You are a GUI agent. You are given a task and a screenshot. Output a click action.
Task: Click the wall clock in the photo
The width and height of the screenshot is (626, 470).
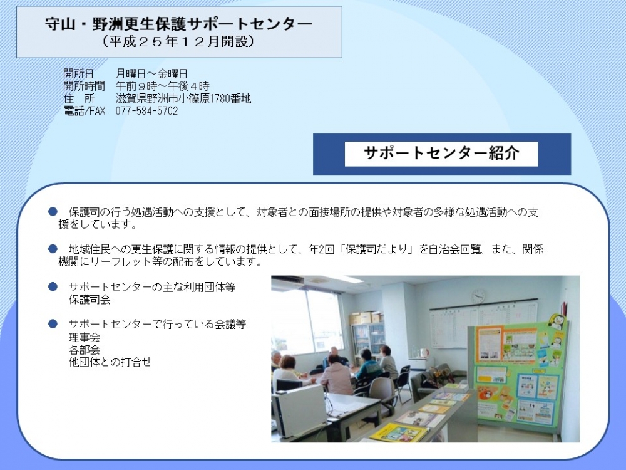[x=478, y=296]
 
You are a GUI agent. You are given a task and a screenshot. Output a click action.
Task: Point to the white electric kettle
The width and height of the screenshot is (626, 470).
[x=424, y=352]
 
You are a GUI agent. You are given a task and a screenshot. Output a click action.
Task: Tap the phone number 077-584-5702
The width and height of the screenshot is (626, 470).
[x=146, y=111]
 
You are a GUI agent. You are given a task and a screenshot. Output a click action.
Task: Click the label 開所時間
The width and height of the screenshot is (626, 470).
[x=84, y=86]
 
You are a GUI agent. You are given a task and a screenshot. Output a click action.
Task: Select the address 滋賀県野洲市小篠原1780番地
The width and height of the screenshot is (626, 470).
[x=183, y=98]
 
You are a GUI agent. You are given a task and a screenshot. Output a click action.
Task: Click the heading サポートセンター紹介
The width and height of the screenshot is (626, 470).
[x=441, y=153]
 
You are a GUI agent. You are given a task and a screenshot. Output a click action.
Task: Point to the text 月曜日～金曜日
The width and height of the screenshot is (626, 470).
[x=151, y=73]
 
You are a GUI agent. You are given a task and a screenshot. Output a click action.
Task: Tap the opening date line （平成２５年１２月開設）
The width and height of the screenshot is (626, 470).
[x=178, y=41]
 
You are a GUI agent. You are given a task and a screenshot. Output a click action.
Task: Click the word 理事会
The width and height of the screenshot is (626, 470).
[x=85, y=337]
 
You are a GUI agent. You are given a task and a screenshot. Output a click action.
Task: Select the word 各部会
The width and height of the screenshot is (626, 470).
[x=85, y=350]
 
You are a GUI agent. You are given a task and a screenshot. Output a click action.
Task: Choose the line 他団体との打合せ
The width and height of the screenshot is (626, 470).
[x=110, y=362]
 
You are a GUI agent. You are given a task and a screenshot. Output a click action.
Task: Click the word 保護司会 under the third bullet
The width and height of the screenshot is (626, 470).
[x=90, y=300]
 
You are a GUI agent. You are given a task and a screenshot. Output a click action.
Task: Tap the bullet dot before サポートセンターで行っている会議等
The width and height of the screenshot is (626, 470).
[x=53, y=324]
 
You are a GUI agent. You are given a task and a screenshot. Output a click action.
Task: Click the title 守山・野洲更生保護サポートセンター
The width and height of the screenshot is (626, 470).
[x=178, y=23]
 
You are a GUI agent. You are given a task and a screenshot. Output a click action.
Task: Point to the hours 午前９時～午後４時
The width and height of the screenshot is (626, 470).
[x=163, y=86]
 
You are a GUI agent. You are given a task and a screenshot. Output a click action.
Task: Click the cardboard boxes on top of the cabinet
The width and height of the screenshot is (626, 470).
[x=366, y=318]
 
